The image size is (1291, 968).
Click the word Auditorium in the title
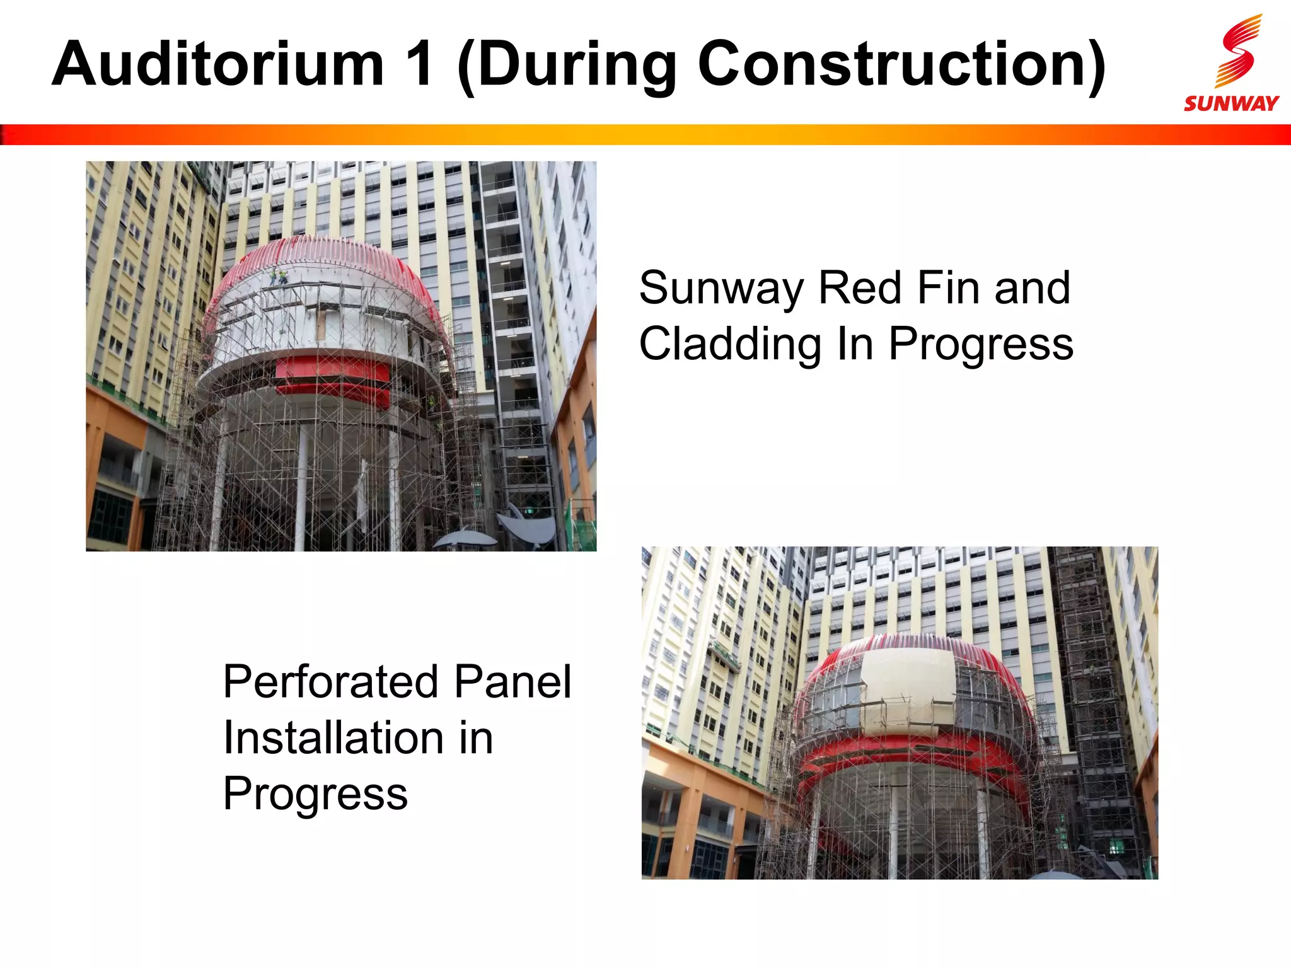217,64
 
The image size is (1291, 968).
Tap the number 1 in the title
419,64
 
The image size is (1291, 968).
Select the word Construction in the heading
901,64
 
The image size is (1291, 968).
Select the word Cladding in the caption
730,344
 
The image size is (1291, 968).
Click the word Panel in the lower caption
512,682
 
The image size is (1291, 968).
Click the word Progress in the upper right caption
980,344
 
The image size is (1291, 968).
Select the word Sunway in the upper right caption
721,288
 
